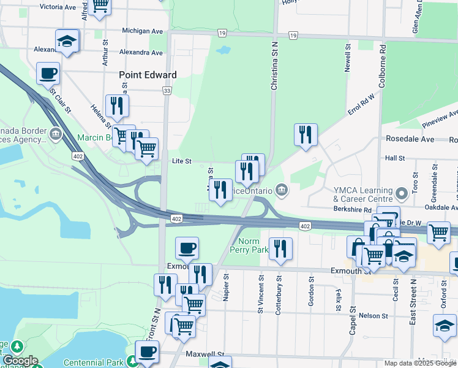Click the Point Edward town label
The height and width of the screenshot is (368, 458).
148,75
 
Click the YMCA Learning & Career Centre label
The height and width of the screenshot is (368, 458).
362,195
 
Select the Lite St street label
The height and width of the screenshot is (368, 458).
182,161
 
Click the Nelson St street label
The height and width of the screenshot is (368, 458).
374,316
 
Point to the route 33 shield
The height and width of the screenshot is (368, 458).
167,91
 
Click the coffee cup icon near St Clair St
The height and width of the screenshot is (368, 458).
48,74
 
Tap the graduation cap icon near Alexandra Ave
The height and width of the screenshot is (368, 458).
67,42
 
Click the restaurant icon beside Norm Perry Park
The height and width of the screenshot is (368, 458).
280,248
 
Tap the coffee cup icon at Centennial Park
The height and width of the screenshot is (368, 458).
146,352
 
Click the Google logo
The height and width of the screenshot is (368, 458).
20,361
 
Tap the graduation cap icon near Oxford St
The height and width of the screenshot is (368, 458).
445,325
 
